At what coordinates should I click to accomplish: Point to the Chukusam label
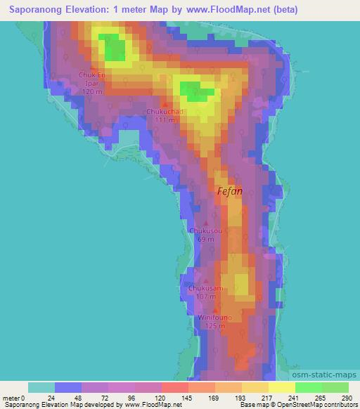tap(206, 288)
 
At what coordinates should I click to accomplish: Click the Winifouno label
tap(216, 317)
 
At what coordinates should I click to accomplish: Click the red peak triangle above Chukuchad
tap(165, 104)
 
